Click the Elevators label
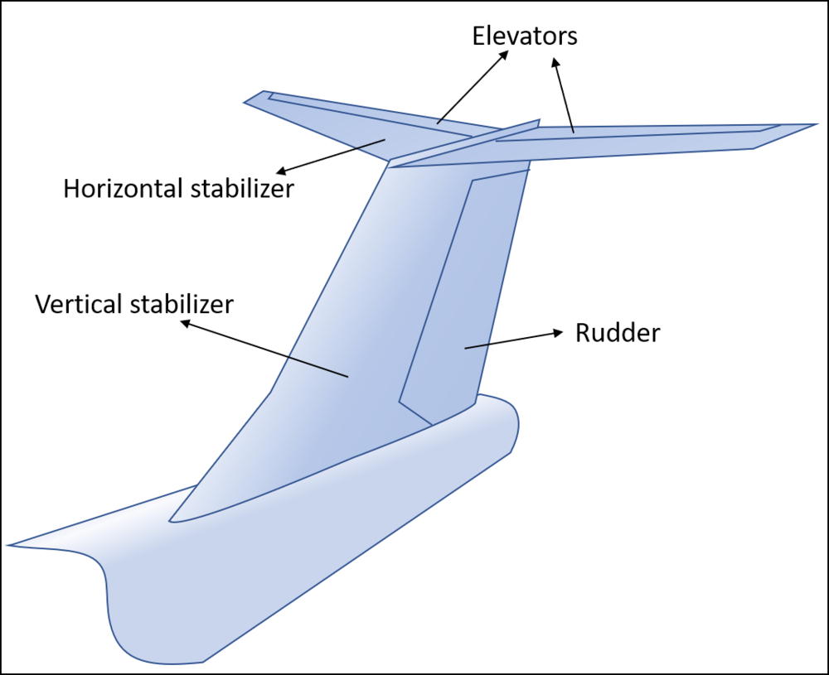525,36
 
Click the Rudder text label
618,333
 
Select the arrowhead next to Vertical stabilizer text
186,324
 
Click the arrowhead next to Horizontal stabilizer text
282,171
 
